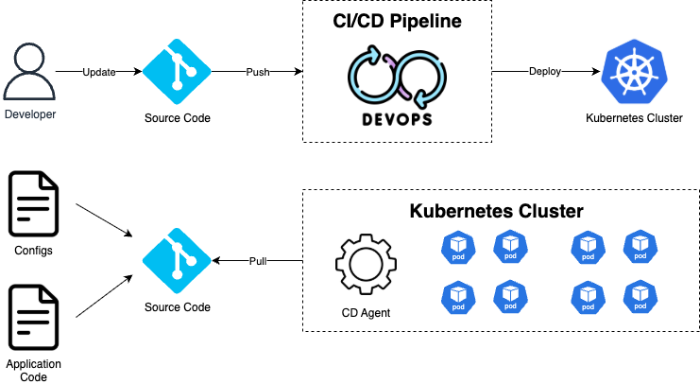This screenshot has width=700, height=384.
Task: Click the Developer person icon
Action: (28, 72)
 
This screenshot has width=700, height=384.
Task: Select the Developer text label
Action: (30, 114)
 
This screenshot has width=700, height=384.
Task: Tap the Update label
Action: (98, 72)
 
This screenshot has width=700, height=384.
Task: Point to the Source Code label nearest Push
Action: (177, 118)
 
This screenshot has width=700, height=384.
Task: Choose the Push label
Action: (258, 72)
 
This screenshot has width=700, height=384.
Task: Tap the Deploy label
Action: (545, 71)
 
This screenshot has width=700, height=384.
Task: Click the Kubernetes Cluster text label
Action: (634, 118)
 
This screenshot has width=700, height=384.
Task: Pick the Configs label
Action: (33, 251)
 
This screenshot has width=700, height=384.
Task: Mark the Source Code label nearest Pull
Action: (177, 307)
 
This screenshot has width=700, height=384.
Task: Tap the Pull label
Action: (257, 261)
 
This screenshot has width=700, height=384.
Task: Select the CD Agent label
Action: (366, 313)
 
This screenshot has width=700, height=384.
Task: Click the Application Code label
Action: (33, 370)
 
